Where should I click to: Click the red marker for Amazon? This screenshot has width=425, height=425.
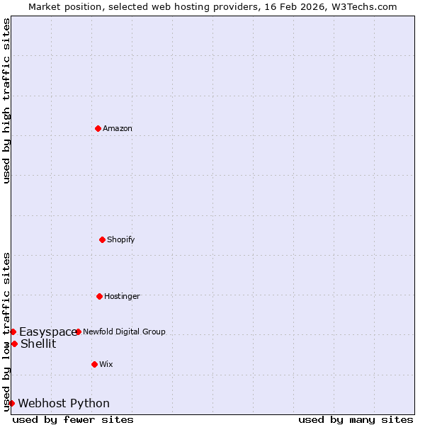click(98, 128)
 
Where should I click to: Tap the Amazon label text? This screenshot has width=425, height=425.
click(118, 129)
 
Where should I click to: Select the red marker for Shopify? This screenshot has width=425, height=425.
click(102, 239)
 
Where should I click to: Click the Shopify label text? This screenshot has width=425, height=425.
click(121, 240)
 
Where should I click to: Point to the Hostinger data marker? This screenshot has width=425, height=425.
click(99, 296)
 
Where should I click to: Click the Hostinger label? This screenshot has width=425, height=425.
click(122, 297)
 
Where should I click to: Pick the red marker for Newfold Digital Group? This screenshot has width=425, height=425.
click(78, 331)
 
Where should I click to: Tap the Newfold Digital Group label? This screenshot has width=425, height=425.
click(124, 332)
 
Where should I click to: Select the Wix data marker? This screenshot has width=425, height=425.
click(94, 364)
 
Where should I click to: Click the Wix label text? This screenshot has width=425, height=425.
click(106, 365)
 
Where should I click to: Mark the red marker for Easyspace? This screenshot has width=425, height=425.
click(13, 331)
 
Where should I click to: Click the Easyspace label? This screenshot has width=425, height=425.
click(47, 332)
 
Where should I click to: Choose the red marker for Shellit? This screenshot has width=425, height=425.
click(14, 344)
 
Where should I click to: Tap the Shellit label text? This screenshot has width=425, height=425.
click(38, 344)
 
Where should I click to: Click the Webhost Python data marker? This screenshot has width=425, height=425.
click(11, 403)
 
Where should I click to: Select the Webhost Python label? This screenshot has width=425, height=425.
click(64, 404)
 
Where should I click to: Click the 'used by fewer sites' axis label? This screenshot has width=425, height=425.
click(73, 420)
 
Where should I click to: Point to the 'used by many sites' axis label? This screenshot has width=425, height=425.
click(356, 420)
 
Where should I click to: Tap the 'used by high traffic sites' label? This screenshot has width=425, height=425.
click(6, 101)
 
